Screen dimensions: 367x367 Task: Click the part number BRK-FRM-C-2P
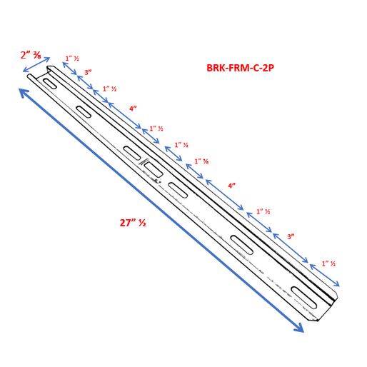tap(240, 68)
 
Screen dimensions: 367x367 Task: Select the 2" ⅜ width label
tap(30, 55)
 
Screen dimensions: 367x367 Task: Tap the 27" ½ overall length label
tap(133, 222)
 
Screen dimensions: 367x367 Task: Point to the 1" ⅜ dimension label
tap(202, 161)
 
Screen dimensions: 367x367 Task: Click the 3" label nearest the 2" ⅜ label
tap(88, 72)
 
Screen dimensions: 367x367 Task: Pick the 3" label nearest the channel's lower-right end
tap(291, 236)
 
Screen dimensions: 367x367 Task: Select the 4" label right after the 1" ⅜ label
tap(231, 186)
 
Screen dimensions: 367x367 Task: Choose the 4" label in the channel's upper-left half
tap(133, 109)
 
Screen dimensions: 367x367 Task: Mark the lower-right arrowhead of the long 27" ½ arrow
tap(299, 328)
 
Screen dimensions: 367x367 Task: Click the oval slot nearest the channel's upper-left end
tap(50, 84)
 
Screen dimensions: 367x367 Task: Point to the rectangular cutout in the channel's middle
tap(153, 169)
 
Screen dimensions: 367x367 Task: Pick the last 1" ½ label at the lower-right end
tap(328, 263)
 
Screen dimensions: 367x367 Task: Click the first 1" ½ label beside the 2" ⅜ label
tap(72, 59)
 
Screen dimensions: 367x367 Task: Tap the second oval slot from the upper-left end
tap(83, 111)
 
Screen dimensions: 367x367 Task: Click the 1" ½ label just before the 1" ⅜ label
tap(181, 145)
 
